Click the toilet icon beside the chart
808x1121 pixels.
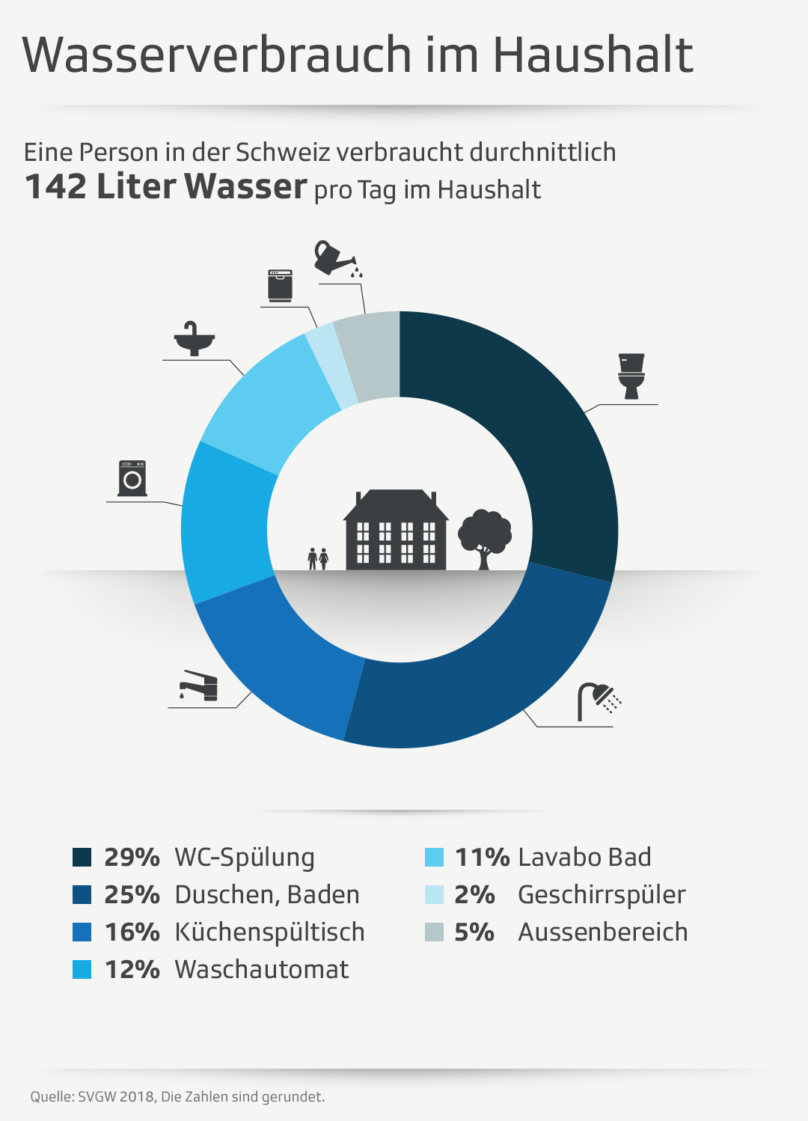click(x=631, y=376)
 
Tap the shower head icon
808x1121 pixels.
click(x=598, y=700)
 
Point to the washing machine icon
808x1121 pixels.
click(x=132, y=479)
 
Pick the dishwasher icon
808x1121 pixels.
click(x=280, y=285)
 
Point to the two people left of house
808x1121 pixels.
click(x=318, y=558)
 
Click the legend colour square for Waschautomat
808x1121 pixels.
click(x=82, y=970)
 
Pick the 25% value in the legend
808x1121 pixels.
click(x=132, y=895)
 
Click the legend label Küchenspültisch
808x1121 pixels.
click(x=269, y=932)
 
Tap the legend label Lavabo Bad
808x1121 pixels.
click(x=584, y=858)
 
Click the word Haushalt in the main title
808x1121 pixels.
click(x=593, y=55)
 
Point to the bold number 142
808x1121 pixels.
click(x=55, y=187)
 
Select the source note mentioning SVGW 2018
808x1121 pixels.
click(x=177, y=1097)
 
